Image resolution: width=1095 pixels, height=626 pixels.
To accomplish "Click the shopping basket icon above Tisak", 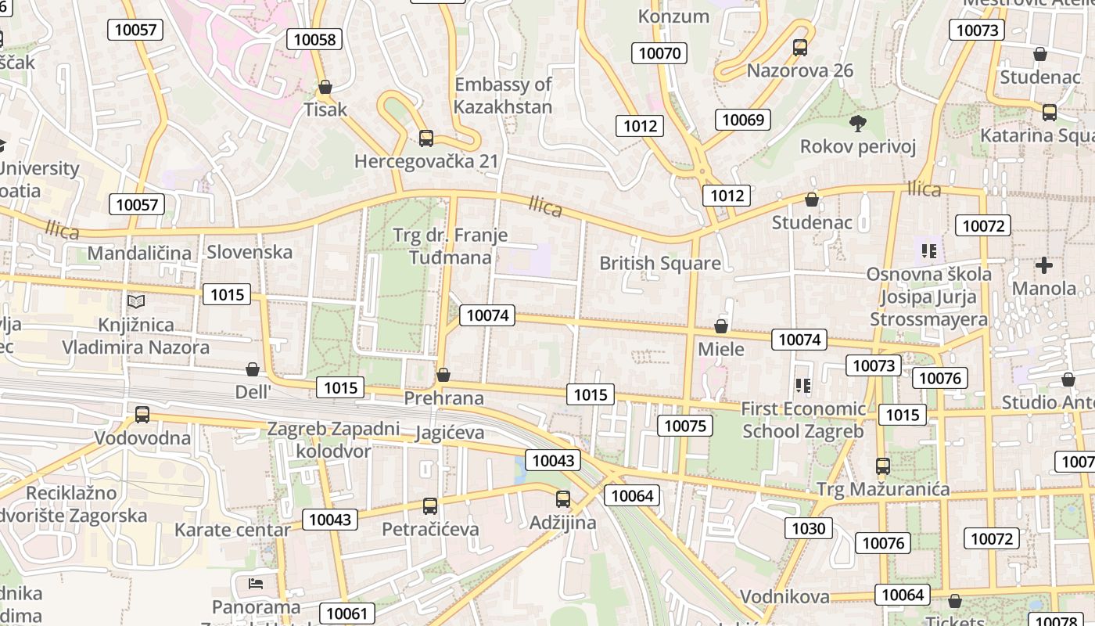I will point(325,87).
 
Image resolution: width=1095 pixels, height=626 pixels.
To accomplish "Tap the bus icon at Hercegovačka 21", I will point(426,139).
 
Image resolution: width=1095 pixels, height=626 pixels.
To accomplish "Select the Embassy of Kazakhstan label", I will point(503,95).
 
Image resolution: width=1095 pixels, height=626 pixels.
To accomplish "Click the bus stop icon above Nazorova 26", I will point(800,48).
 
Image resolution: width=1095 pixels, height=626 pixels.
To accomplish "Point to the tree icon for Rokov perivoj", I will point(858,123).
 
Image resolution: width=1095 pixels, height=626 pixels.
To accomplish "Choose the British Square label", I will point(659,263).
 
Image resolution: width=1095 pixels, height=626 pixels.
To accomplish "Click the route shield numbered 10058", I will point(314,39).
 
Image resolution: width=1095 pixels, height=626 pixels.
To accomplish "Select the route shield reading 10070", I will point(659,53).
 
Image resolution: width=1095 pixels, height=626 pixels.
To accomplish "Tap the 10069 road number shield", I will point(742,120).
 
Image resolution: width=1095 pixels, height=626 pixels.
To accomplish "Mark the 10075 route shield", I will point(685,426).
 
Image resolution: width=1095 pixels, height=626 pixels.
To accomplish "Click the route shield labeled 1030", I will point(808,528).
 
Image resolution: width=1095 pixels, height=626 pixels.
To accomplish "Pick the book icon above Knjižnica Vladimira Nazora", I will point(136,301).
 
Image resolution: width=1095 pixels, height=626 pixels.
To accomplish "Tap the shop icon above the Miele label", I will point(721,326).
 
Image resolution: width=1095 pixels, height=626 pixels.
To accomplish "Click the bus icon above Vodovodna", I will point(142,415).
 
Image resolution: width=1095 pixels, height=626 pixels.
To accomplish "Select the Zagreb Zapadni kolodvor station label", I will point(333,440).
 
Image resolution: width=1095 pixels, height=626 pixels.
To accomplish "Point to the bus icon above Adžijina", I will point(563,498).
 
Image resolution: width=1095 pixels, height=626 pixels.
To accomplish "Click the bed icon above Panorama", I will point(256,583).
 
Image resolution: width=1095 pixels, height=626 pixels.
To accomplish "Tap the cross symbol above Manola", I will point(1043,265).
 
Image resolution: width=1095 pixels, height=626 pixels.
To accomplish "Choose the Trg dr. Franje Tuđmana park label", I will point(450,246).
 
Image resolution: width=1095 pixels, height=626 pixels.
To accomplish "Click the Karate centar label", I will point(232,530).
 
